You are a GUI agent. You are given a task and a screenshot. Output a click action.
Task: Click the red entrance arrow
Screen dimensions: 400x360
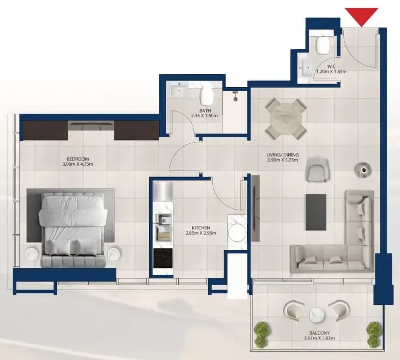(x=361, y=16)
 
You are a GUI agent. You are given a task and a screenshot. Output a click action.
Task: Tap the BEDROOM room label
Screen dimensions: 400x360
(x=78, y=159)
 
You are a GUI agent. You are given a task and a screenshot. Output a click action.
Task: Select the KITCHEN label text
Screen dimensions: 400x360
(x=201, y=228)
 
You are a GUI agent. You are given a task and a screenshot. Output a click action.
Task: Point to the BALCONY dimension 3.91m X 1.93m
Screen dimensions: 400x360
(x=319, y=339)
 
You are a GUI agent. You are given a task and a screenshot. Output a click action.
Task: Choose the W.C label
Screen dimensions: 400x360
(x=332, y=67)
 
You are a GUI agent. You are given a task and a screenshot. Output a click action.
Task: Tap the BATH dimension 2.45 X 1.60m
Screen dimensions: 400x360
(x=204, y=116)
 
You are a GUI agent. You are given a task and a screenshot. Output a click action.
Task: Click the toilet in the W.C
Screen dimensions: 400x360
(x=322, y=45)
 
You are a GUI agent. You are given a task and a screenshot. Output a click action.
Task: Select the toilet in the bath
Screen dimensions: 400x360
(x=207, y=96)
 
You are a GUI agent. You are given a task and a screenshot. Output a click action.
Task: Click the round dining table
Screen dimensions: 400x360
(x=286, y=119)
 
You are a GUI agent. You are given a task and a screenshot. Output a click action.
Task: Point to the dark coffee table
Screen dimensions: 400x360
(x=316, y=212)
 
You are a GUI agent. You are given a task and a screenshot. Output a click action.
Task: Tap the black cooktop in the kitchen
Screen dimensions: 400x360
(x=163, y=258)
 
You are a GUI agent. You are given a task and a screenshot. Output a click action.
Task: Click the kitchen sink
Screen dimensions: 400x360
(x=162, y=220)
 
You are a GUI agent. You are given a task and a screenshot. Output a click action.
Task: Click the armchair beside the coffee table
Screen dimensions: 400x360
(x=317, y=169)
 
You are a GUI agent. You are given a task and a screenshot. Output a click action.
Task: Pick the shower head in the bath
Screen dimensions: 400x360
(x=235, y=95)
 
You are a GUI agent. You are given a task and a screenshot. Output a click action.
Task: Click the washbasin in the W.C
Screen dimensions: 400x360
(x=307, y=68)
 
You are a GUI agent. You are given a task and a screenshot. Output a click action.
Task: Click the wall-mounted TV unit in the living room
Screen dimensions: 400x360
(x=255, y=208)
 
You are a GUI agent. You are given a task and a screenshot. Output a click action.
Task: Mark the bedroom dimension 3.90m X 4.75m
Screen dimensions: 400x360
(x=78, y=164)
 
